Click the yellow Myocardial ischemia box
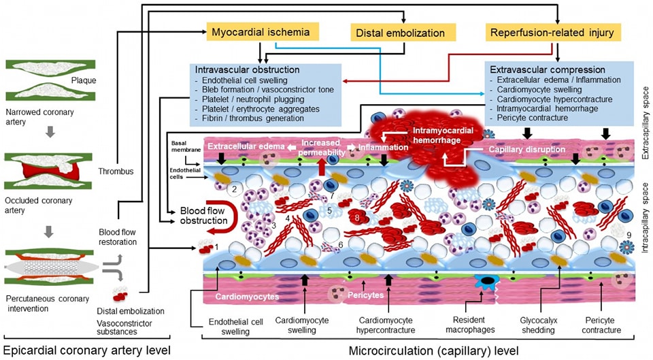262,31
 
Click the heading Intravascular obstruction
247,69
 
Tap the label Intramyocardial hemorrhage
446,133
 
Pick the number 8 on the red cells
356,218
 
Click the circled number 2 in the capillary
234,189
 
